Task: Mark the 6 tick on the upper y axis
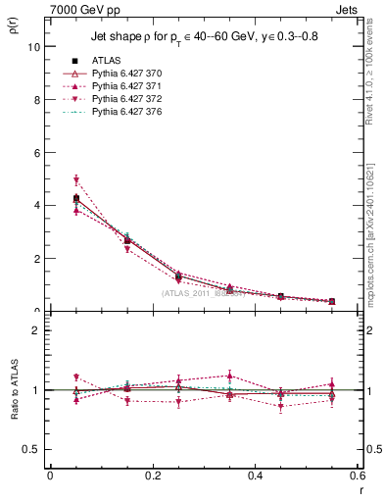tap(36, 152)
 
